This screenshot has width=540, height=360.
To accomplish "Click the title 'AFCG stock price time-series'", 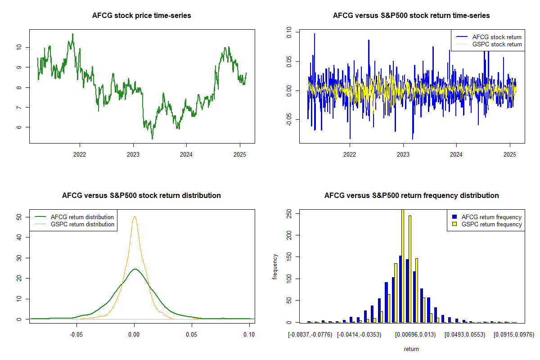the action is [141, 15].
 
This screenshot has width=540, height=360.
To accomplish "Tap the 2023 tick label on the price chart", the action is [133, 154].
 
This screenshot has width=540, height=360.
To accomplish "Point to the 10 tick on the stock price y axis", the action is [19, 47].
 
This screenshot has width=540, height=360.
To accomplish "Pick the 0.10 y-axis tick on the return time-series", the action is [289, 32].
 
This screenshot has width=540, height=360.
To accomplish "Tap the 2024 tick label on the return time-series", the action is [456, 154].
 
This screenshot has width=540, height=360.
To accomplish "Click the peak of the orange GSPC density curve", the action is [135, 216].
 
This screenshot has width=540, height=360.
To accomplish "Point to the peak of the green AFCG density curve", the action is [135, 269].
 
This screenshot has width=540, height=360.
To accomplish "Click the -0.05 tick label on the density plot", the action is [76, 334].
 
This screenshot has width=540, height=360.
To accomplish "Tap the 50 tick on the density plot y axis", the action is [19, 217].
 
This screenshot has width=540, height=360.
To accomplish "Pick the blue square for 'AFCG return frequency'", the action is [454, 217].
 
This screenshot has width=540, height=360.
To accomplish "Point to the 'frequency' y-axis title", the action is [275, 267].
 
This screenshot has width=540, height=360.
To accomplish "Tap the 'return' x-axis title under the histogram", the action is [411, 349].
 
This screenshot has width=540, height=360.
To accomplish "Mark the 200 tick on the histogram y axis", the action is [289, 235].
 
